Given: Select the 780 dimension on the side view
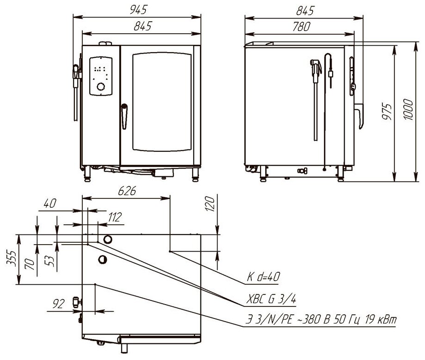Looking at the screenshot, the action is (301, 27).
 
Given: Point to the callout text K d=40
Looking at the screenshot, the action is (262, 278).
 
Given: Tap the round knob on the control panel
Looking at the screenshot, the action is (100, 86).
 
